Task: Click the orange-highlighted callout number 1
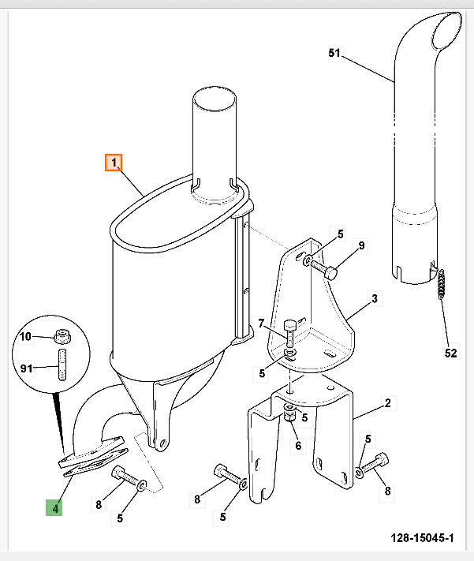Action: pos(114,163)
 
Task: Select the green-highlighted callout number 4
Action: pos(54,507)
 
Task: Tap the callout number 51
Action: pos(334,53)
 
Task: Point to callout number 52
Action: pos(450,353)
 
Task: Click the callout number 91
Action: pos(27,368)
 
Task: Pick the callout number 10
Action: pos(25,336)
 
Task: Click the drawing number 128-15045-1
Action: pos(422,538)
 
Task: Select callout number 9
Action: pos(361,246)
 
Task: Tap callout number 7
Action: pos(261,324)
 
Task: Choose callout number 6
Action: pos(298,446)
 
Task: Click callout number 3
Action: pos(374,298)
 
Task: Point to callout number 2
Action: pos(388,403)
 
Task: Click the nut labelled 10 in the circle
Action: pos(62,336)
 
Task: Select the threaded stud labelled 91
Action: pos(62,365)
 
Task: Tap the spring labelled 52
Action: pos(442,284)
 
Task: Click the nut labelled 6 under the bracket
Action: pos(289,416)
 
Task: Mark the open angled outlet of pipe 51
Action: pos(447,31)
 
